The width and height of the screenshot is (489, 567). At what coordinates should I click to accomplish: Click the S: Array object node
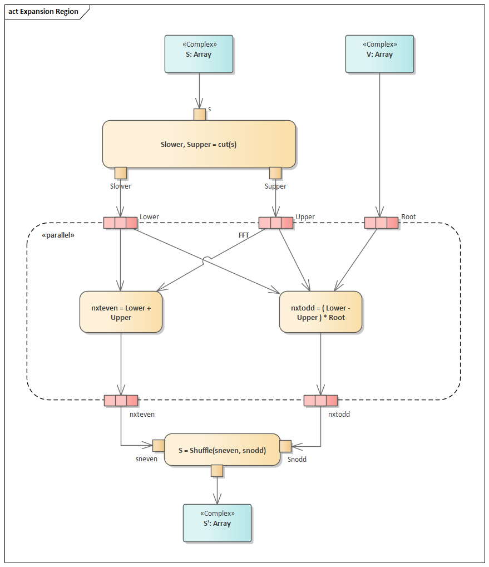199,54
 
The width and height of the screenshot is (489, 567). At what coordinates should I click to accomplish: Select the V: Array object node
379,54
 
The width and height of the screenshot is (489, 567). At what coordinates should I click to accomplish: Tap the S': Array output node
217,522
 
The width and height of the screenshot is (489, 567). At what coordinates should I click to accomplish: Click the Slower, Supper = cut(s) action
199,144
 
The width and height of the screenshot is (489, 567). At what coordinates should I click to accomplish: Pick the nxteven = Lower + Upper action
121,312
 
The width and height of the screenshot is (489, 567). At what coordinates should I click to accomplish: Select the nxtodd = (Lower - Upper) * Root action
320,312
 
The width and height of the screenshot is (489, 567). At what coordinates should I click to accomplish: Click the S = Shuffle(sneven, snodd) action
222,450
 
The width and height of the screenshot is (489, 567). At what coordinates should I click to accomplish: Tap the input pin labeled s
200,115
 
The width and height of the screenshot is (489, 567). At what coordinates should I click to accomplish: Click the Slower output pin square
121,173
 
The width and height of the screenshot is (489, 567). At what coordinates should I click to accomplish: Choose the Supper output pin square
275,173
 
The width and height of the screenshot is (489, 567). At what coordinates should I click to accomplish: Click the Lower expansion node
121,223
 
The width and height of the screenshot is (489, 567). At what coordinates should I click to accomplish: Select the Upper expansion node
276,223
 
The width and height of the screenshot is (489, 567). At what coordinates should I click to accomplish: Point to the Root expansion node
381,223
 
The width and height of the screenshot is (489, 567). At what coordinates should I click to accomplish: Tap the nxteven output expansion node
121,401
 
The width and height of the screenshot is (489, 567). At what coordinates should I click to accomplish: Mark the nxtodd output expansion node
320,401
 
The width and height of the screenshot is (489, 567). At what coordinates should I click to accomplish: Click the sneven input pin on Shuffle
159,446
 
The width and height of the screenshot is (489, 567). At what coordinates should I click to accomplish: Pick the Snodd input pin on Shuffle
285,446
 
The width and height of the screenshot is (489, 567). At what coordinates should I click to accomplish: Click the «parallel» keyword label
58,235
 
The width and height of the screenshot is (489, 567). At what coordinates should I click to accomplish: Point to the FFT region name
244,235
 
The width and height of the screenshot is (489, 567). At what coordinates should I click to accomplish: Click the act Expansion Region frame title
43,12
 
